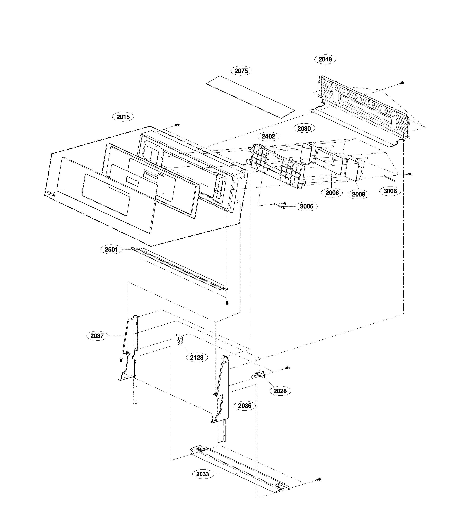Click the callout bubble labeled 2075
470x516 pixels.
tap(241, 71)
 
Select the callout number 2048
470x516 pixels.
tap(325, 59)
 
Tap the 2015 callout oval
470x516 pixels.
tap(123, 117)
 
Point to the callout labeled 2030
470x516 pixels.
tap(304, 129)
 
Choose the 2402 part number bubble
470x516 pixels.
tap(268, 136)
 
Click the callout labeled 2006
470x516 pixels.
tap(332, 193)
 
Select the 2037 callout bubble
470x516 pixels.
tap(97, 336)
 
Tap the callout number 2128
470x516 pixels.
tap(197, 358)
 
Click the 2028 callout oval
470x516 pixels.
tap(280, 391)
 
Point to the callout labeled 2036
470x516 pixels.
tap(245, 406)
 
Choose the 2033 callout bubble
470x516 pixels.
tap(203, 474)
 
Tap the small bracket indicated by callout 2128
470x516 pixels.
tap(179, 340)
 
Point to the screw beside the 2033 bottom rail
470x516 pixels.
tap(319, 479)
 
